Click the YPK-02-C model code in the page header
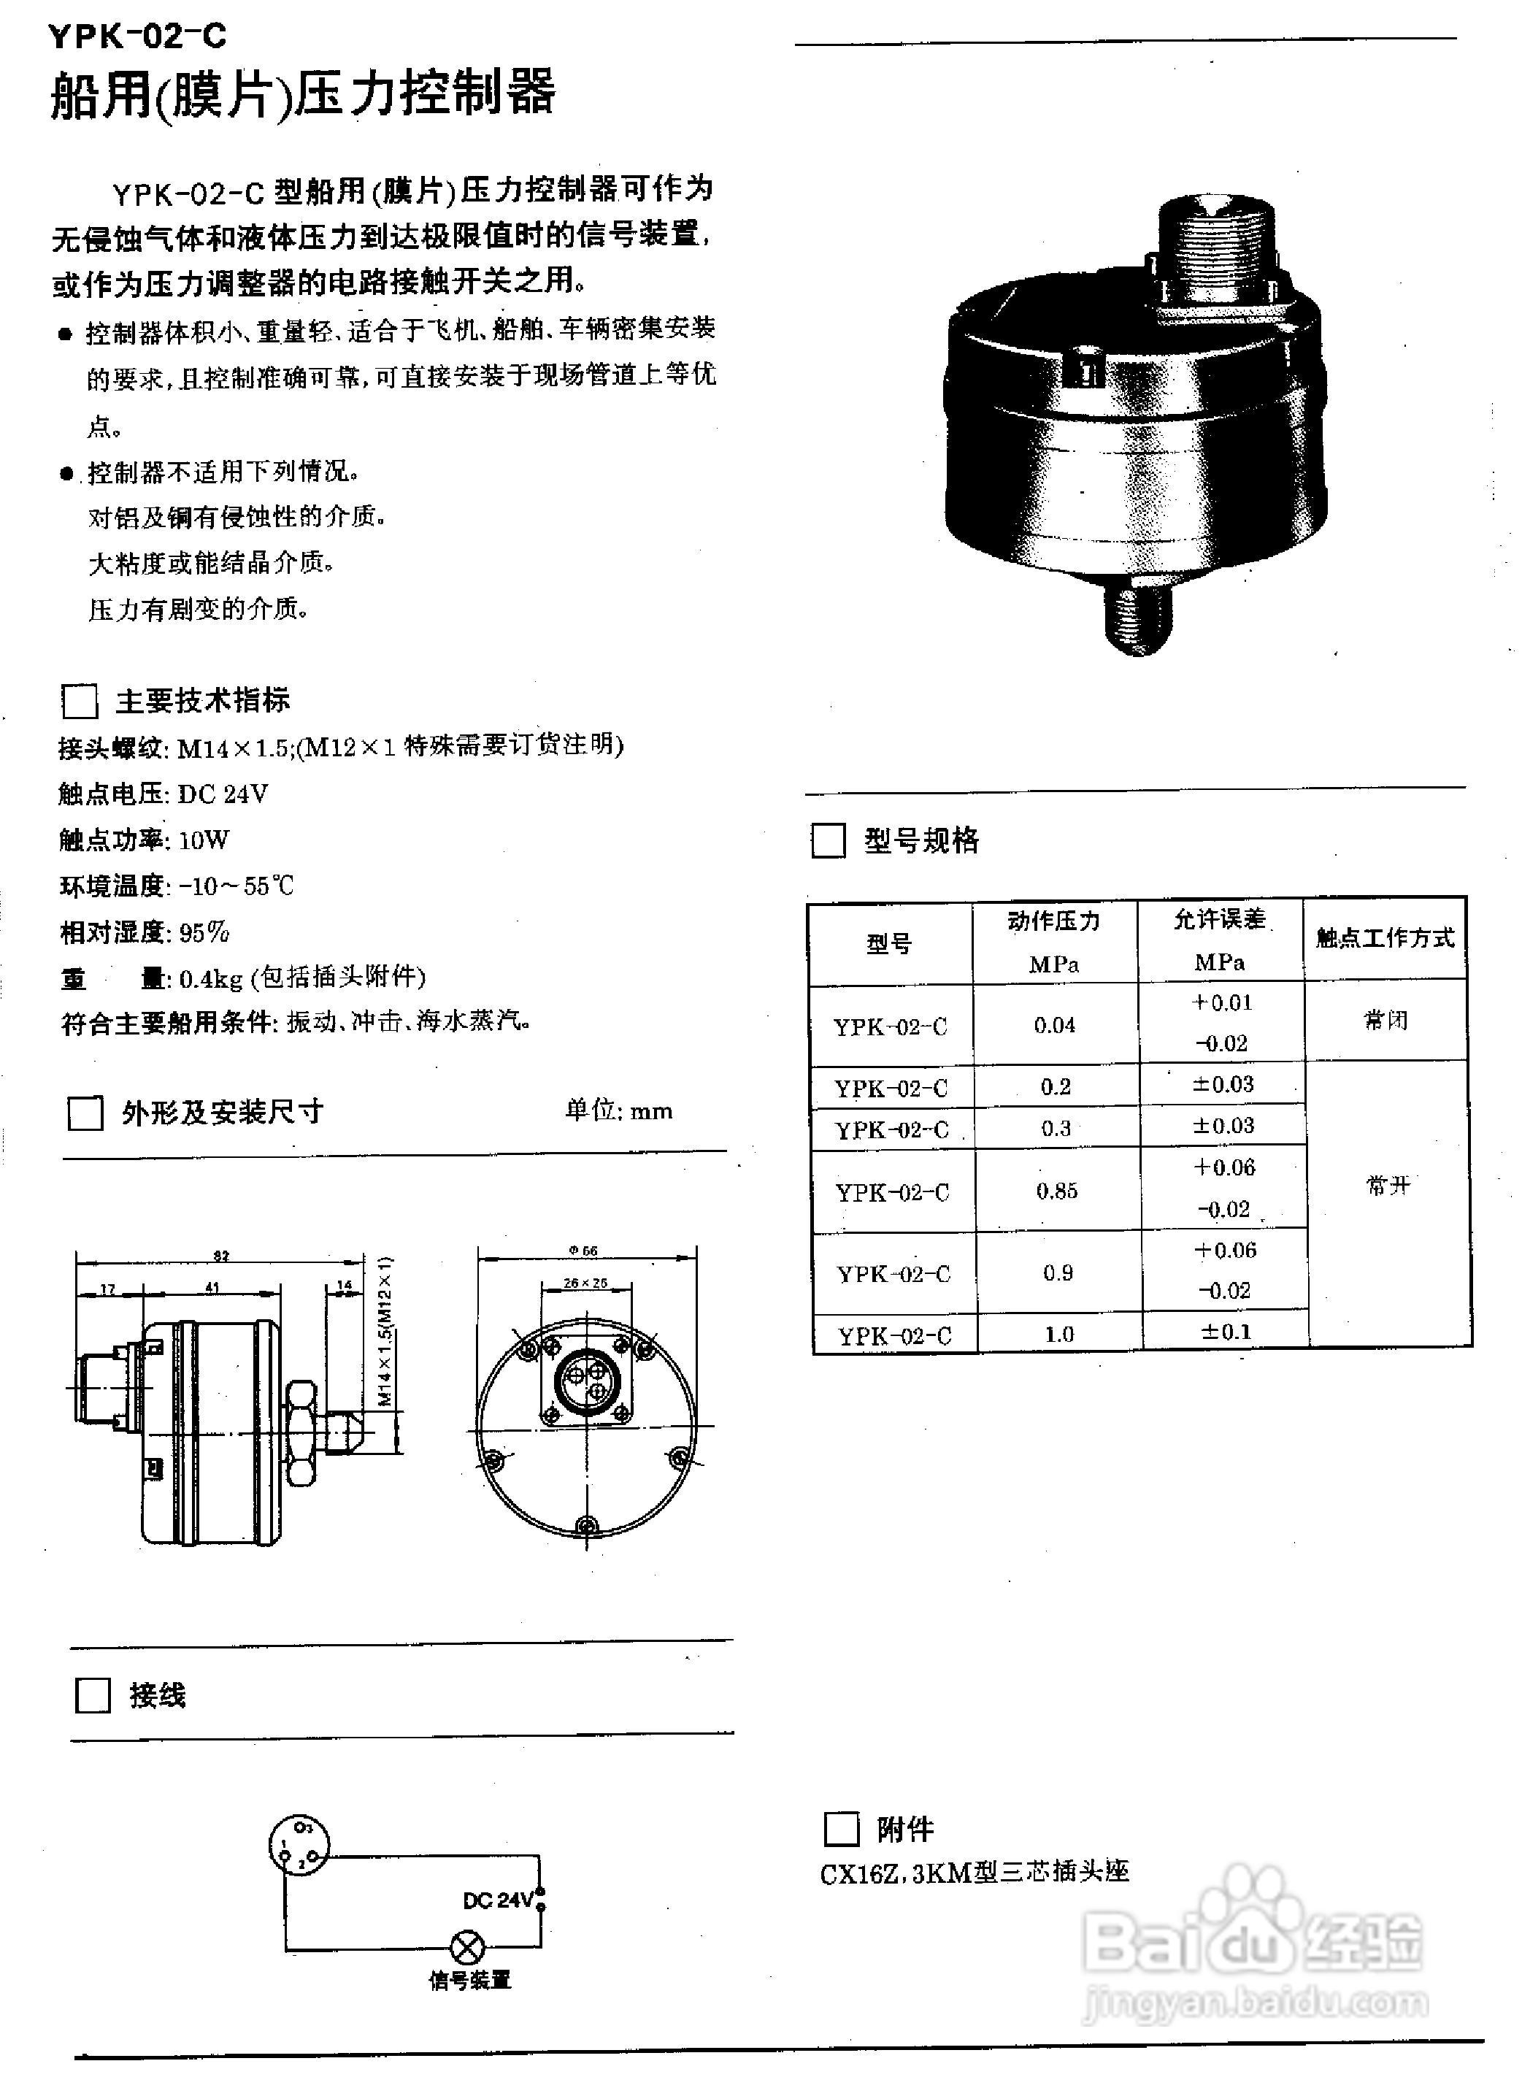137,36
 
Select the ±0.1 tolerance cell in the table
1226,1332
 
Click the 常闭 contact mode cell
1385,1021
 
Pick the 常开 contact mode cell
1388,1185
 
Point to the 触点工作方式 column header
1385,938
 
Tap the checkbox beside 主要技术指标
80,701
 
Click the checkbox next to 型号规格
827,840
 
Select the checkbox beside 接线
92,1695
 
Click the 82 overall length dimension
221,1255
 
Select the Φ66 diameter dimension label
583,1251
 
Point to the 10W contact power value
204,840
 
